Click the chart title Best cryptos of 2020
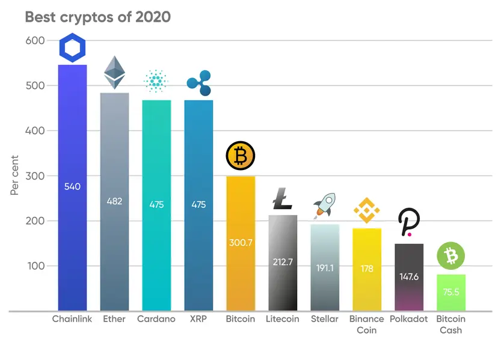[97, 17]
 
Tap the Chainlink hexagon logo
[72, 48]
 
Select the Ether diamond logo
[114, 73]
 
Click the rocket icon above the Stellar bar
[324, 206]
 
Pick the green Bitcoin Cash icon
[450, 257]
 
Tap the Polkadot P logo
[409, 222]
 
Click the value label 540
[72, 187]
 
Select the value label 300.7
[241, 243]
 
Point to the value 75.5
[450, 292]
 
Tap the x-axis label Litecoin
[282, 319]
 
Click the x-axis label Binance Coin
[366, 325]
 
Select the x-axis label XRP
[198, 319]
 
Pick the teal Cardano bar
[156, 240]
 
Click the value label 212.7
[282, 261]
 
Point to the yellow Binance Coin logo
[366, 210]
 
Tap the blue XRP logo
[198, 83]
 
